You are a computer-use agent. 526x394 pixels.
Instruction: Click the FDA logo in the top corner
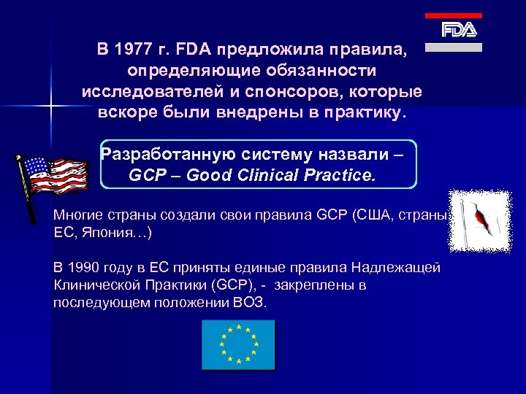(459, 30)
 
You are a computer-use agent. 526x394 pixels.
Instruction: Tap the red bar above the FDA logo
(454, 15)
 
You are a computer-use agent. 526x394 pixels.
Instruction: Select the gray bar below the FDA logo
(454, 47)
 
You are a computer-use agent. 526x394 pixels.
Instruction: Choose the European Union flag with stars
(238, 344)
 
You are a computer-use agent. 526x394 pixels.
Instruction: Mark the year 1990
(85, 267)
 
